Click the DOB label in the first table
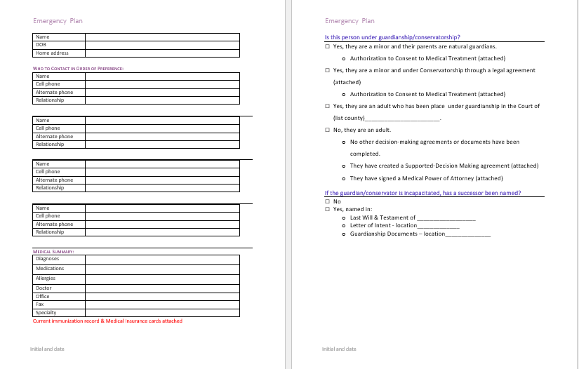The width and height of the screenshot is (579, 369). coord(41,45)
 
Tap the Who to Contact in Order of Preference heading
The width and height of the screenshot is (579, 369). coord(79,68)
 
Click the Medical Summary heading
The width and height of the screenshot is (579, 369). coord(55,250)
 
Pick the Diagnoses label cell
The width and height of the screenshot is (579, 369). coord(47,259)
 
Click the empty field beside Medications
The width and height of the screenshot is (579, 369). coord(162,269)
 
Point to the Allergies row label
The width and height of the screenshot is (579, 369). coord(45,279)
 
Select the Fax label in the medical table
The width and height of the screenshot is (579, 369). coord(39,304)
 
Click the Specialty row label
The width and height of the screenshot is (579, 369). coord(46,312)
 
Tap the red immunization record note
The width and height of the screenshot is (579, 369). coord(107,321)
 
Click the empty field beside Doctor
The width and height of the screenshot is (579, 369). coord(162,288)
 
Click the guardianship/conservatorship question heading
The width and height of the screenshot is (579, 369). coord(392,37)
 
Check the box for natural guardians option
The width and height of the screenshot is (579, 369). coord(328,46)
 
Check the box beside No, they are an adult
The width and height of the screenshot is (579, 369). coord(328,130)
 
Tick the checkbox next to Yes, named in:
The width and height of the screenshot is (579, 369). coord(328,209)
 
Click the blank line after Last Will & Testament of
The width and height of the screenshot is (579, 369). coord(446,217)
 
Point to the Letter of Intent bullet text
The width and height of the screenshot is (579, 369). coord(383,225)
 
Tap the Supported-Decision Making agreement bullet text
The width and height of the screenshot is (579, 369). coord(444,166)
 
